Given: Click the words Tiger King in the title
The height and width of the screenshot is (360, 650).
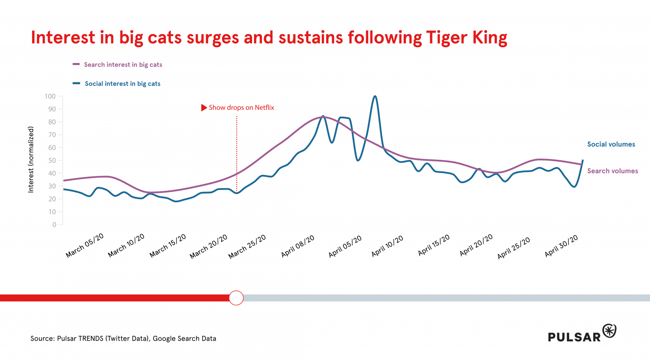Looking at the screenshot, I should click(466, 38).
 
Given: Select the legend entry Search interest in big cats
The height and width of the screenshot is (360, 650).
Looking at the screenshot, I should click(123, 65).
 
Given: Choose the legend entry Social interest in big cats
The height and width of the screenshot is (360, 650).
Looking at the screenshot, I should click(122, 84).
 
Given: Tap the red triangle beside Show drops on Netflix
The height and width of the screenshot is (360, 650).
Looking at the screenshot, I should click(204, 107).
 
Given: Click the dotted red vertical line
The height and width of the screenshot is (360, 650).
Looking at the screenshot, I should click(237, 155).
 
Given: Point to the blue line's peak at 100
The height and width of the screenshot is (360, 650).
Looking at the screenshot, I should click(375, 96).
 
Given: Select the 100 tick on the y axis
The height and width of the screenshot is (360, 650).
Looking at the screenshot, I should click(50, 96).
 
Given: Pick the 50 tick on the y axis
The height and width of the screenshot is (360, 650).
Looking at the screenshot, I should click(52, 161).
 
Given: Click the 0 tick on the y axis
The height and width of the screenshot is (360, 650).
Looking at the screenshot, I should click(54, 225).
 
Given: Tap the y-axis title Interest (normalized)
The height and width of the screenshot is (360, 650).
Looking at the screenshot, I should click(31, 160).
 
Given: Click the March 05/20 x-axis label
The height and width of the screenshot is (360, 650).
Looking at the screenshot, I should click(84, 245).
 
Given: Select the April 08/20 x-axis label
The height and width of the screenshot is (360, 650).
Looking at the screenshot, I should click(298, 246).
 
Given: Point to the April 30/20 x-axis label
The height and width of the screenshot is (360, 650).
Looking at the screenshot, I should click(561, 246).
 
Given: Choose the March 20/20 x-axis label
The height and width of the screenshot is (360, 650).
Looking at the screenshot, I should click(208, 246).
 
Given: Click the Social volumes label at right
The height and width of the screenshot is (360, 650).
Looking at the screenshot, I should click(611, 144).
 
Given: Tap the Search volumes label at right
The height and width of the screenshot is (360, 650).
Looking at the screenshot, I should click(612, 171).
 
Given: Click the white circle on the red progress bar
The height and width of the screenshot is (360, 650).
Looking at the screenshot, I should click(236, 298).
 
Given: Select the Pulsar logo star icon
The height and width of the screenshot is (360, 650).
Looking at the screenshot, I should click(609, 331).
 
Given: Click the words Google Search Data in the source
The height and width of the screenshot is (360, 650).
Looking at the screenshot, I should click(184, 339).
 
